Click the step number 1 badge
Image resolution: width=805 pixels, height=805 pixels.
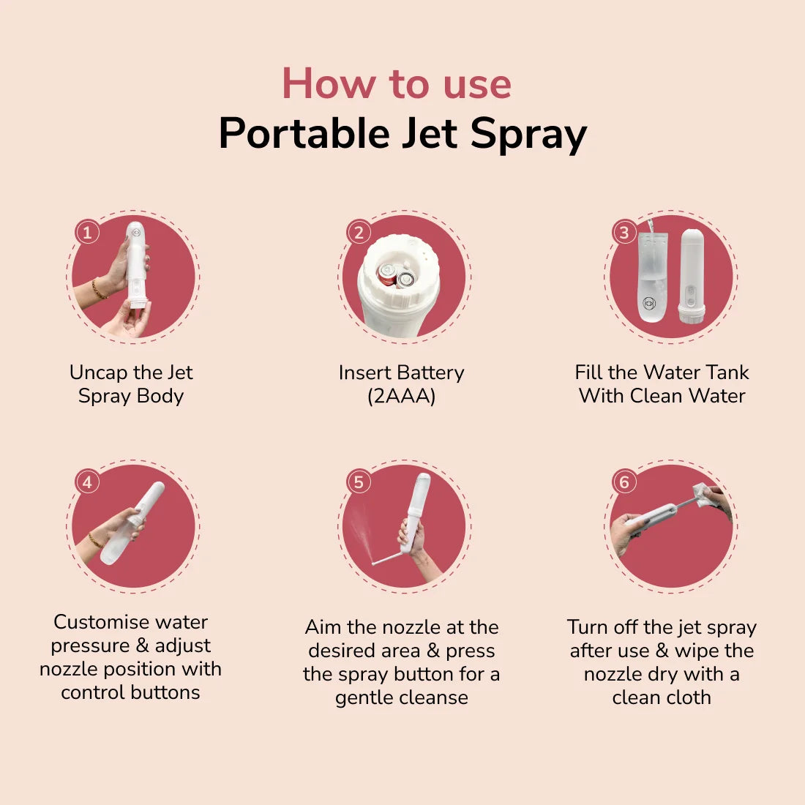(87, 233)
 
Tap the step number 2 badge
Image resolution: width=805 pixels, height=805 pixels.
(359, 233)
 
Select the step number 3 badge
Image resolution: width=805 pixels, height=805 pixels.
(624, 233)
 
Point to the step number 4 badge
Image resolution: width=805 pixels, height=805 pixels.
(87, 482)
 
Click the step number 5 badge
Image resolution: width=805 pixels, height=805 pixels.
(359, 482)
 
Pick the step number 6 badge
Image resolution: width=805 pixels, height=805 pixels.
(624, 482)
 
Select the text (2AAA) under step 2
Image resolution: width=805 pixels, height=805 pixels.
(401, 396)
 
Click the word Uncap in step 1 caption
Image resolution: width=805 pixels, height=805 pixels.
(98, 372)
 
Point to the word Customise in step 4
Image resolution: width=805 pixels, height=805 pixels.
(101, 622)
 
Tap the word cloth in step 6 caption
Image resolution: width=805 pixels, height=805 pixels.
(689, 697)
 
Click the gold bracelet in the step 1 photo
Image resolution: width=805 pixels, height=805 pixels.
(98, 289)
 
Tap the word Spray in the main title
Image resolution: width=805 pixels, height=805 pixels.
(528, 134)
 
